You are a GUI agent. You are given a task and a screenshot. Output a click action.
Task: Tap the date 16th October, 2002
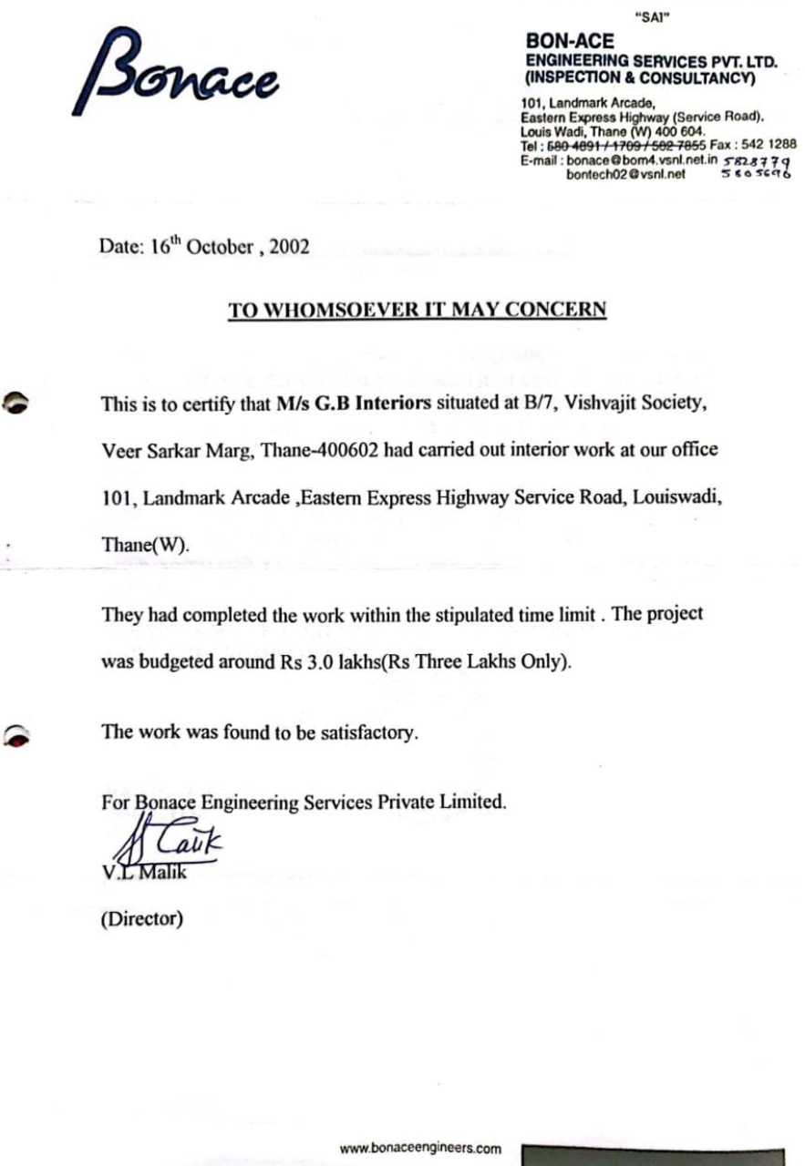pyautogui.click(x=204, y=247)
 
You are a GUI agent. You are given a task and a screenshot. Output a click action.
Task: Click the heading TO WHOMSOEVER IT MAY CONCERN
pyautogui.click(x=417, y=310)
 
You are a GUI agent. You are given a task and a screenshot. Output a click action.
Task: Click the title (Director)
pyautogui.click(x=141, y=918)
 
